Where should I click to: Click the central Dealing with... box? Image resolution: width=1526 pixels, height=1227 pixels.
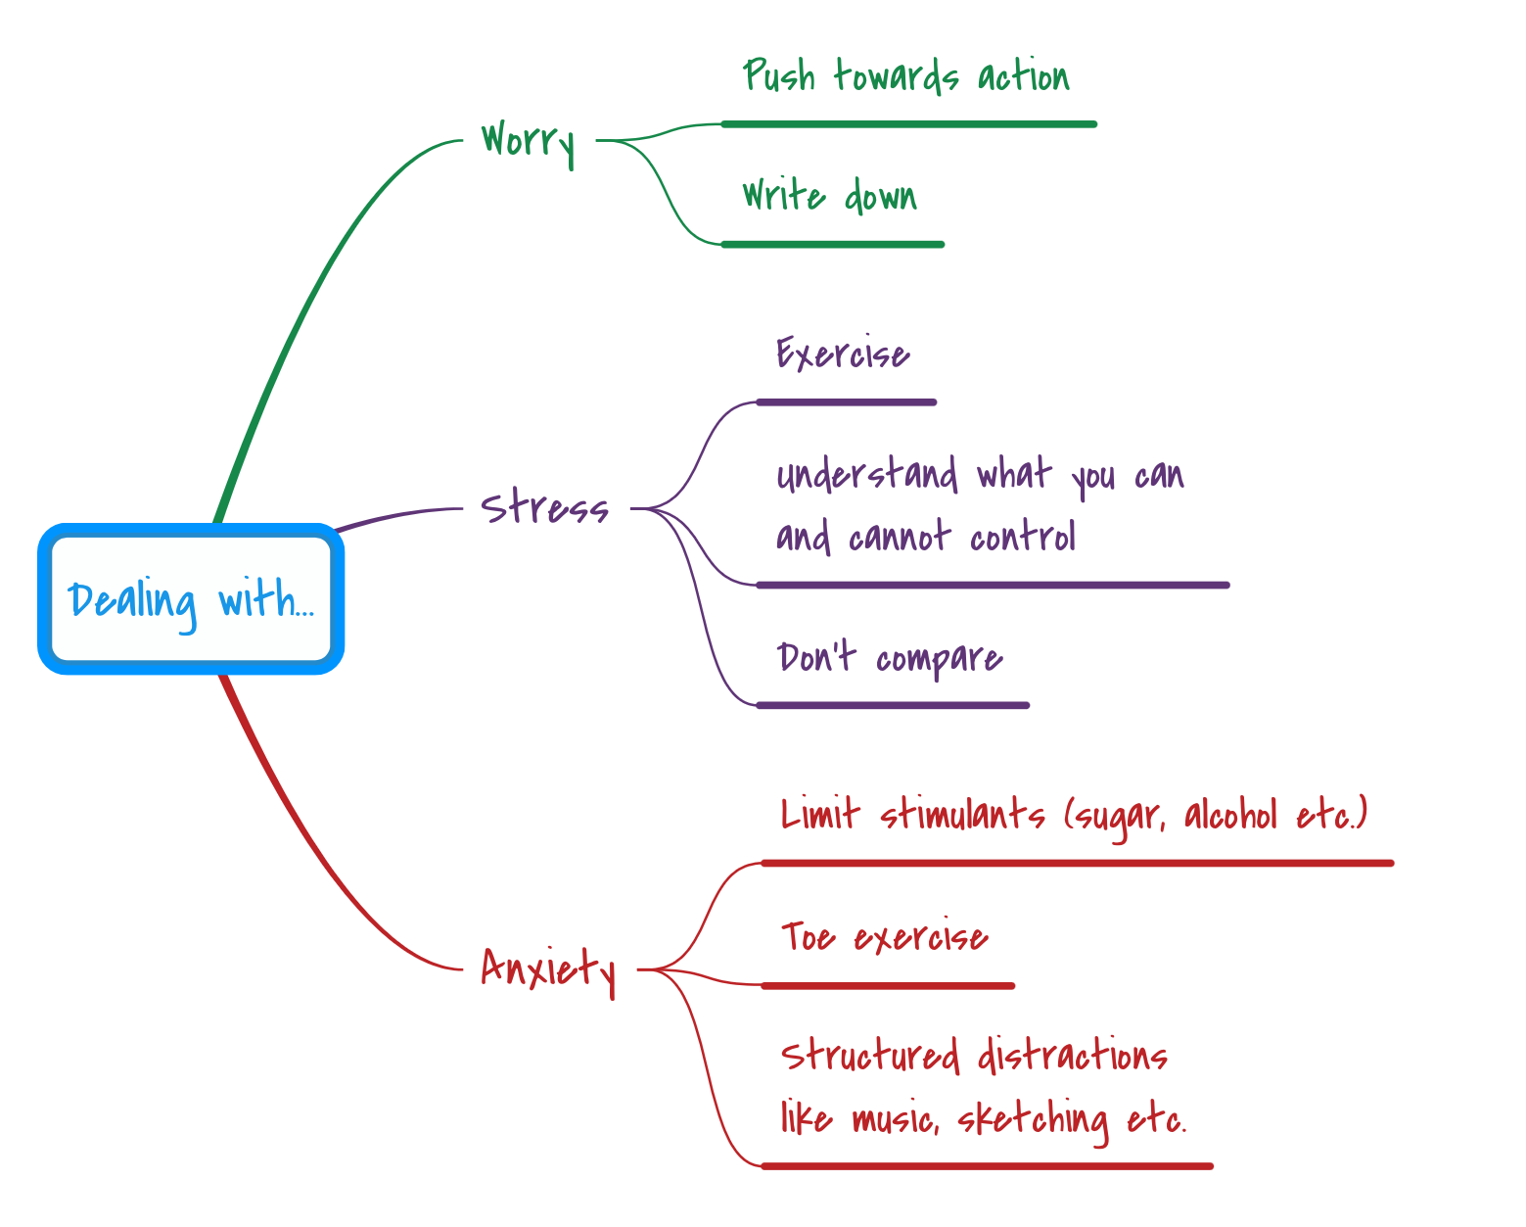click(x=191, y=599)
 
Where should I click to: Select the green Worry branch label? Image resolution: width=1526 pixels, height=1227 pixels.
click(x=528, y=141)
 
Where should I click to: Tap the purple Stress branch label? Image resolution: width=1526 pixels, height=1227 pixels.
click(x=544, y=507)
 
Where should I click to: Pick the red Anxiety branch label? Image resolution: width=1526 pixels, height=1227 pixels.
click(x=548, y=968)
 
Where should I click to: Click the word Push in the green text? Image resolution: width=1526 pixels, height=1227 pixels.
click(x=778, y=76)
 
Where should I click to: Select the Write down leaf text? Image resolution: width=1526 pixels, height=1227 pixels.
click(x=829, y=196)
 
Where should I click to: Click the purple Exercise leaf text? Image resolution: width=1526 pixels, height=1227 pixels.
click(x=843, y=354)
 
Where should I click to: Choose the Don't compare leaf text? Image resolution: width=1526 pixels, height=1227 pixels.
click(x=889, y=658)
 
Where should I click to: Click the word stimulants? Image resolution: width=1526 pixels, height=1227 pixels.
click(x=962, y=815)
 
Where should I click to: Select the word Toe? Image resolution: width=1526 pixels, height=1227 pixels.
click(x=808, y=937)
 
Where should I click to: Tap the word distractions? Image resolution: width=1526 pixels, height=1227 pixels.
click(x=1072, y=1057)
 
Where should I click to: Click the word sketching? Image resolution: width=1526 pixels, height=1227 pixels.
click(x=1032, y=1118)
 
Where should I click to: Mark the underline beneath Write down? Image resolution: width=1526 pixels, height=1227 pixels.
click(x=833, y=245)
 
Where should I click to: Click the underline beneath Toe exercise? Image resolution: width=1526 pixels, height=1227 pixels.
click(x=888, y=986)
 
